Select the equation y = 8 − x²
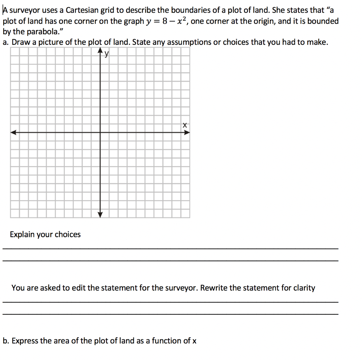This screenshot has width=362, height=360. [x=165, y=21]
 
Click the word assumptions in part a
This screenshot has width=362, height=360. [x=190, y=43]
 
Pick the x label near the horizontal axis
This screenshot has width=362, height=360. [x=184, y=125]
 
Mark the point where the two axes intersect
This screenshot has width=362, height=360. [x=100, y=133]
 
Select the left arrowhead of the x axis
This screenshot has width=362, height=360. [x=13, y=133]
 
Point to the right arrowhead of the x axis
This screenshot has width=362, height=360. [x=187, y=133]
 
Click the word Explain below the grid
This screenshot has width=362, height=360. [x=21, y=235]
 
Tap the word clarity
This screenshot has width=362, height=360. [x=303, y=288]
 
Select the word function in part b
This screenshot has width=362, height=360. [x=167, y=341]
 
